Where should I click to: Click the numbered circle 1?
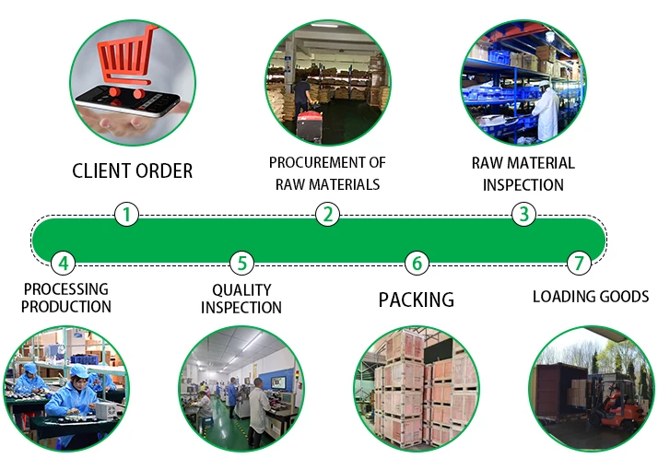coord(126,215)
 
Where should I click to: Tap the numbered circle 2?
coord(326,215)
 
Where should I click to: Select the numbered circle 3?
coord(523,215)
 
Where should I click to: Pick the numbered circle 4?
coord(62,264)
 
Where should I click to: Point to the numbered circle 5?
coord(241,264)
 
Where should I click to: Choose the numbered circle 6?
coord(417,264)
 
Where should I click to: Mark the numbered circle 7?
coord(578,264)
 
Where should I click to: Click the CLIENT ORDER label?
coord(133,170)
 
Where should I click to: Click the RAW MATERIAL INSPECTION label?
coord(523,173)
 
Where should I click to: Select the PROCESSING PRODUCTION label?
coord(65,298)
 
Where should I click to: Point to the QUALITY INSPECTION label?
coord(241,299)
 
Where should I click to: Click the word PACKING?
coord(417,300)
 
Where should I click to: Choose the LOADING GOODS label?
coord(591,297)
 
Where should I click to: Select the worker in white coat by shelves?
coord(544,111)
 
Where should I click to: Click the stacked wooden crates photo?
coord(416,388)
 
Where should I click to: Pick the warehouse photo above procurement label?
coord(327,83)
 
